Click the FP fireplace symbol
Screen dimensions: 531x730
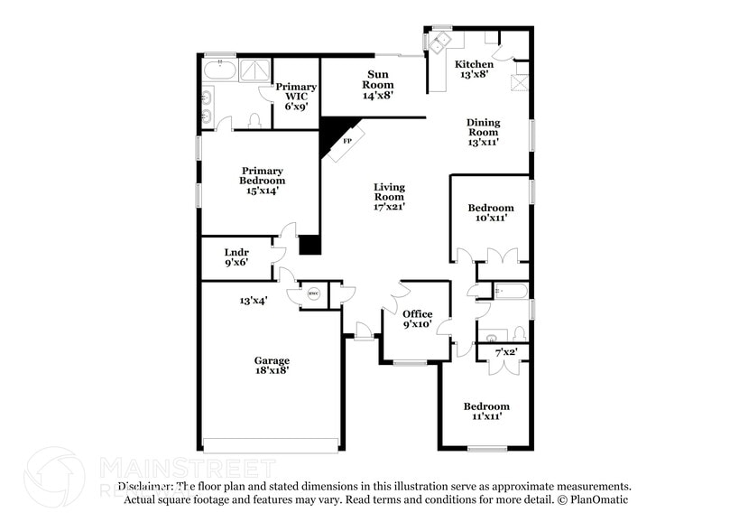coord(346,142)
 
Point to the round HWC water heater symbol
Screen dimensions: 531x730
coord(314,293)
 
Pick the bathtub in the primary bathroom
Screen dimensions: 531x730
coord(219,69)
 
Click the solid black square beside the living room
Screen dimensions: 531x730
coord(310,245)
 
